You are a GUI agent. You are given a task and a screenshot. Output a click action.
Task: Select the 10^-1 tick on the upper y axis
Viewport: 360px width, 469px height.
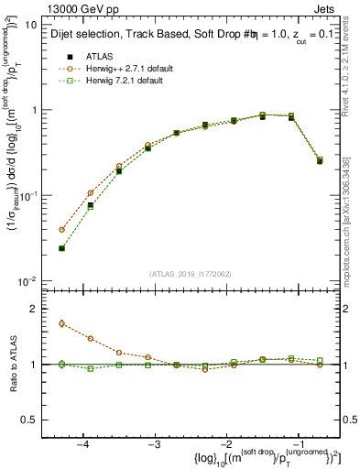(28, 196)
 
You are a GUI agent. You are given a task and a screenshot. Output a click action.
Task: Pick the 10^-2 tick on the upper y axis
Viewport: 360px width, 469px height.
(28, 281)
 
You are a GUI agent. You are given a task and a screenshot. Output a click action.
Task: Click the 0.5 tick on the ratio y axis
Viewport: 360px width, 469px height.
(29, 420)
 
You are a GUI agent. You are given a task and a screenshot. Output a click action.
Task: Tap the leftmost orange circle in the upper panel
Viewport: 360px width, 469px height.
(61, 230)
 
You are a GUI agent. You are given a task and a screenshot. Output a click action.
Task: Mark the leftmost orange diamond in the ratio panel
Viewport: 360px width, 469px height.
(61, 323)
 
